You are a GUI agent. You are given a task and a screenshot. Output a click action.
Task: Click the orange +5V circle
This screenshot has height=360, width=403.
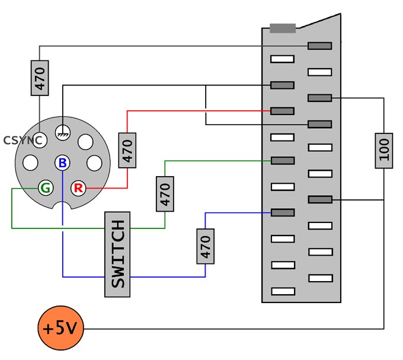coord(60,328)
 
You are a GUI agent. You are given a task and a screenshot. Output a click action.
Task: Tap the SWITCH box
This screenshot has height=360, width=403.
coord(117,254)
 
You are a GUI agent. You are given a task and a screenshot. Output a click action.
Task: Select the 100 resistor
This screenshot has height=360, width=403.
coord(383,151)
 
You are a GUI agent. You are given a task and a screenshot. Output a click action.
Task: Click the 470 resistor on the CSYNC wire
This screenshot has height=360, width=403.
coord(40,78)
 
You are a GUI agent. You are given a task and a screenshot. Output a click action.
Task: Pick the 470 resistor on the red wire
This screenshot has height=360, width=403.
coord(127,151)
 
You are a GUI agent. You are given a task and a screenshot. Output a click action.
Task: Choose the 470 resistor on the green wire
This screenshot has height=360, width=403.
coord(165,194)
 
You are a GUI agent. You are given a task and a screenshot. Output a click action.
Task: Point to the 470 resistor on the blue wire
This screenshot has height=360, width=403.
coord(206,246)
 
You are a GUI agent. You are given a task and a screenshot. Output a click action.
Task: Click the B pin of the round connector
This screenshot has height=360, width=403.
coord(62,163)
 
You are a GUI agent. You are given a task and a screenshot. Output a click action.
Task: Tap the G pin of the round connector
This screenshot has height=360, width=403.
coord(46,188)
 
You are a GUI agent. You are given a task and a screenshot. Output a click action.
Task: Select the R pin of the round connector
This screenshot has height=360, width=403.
coord(78,188)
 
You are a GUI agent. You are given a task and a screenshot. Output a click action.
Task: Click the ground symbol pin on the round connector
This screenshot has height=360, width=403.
coord(63,132)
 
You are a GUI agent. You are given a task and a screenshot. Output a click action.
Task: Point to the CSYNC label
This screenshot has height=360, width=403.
coord(23,141)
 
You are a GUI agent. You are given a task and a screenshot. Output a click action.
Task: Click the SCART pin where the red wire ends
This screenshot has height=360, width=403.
coord(282,111)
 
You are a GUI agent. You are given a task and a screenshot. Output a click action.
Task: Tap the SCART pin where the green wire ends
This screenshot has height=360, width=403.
coord(283,161)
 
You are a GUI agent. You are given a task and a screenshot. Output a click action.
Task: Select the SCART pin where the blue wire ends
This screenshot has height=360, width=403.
coord(283,213)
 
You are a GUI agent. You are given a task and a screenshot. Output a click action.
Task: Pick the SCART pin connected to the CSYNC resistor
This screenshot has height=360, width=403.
coord(319,46)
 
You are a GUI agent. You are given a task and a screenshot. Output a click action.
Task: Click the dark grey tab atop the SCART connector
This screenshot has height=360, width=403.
coord(283,28)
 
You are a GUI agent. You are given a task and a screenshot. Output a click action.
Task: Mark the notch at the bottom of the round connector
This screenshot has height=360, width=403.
coord(62,205)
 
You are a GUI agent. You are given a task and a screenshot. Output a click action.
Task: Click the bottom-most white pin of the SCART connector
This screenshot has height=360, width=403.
coord(283,291)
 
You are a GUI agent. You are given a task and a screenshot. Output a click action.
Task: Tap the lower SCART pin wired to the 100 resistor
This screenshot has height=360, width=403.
coord(320,199)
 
